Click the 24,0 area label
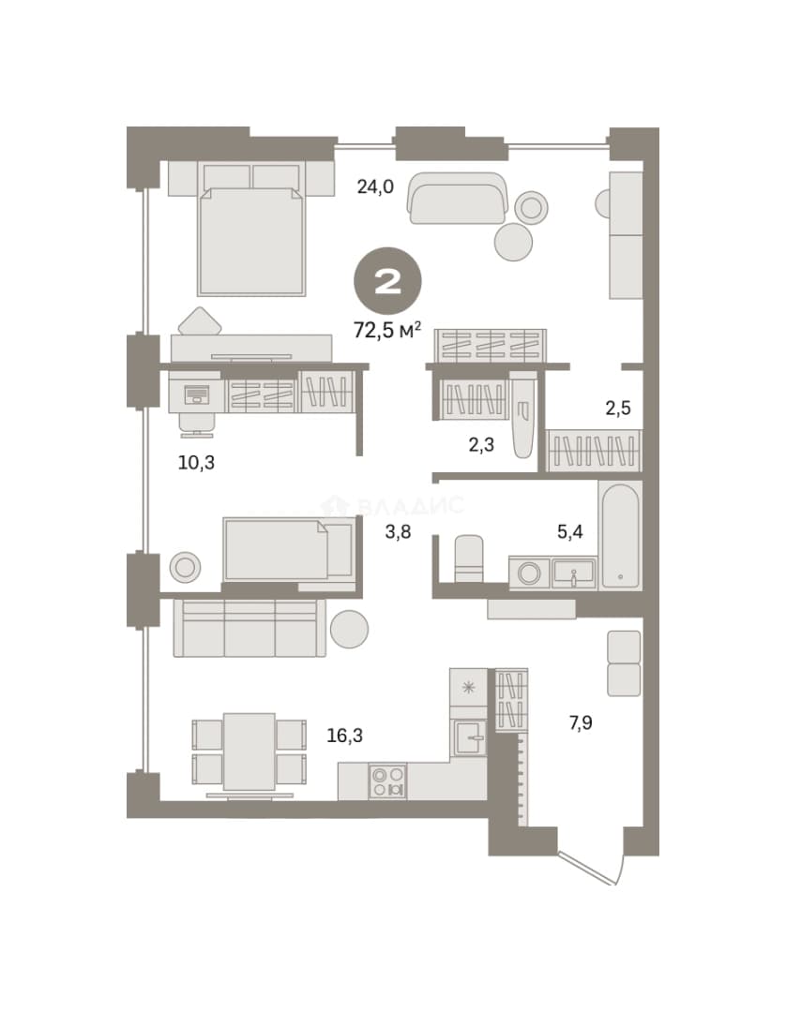(375, 186)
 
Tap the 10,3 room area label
(196, 462)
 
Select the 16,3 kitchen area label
(345, 736)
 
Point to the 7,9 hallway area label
(581, 722)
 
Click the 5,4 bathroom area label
(570, 532)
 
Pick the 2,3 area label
(482, 444)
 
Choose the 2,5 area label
(618, 408)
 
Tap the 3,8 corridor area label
(398, 532)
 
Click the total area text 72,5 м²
(387, 330)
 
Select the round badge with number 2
(387, 281)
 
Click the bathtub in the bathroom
(620, 536)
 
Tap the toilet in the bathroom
(469, 558)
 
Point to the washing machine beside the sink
(530, 573)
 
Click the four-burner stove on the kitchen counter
(387, 781)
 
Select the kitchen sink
(469, 737)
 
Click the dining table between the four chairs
(249, 752)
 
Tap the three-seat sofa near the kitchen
(249, 627)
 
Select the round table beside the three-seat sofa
(350, 629)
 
